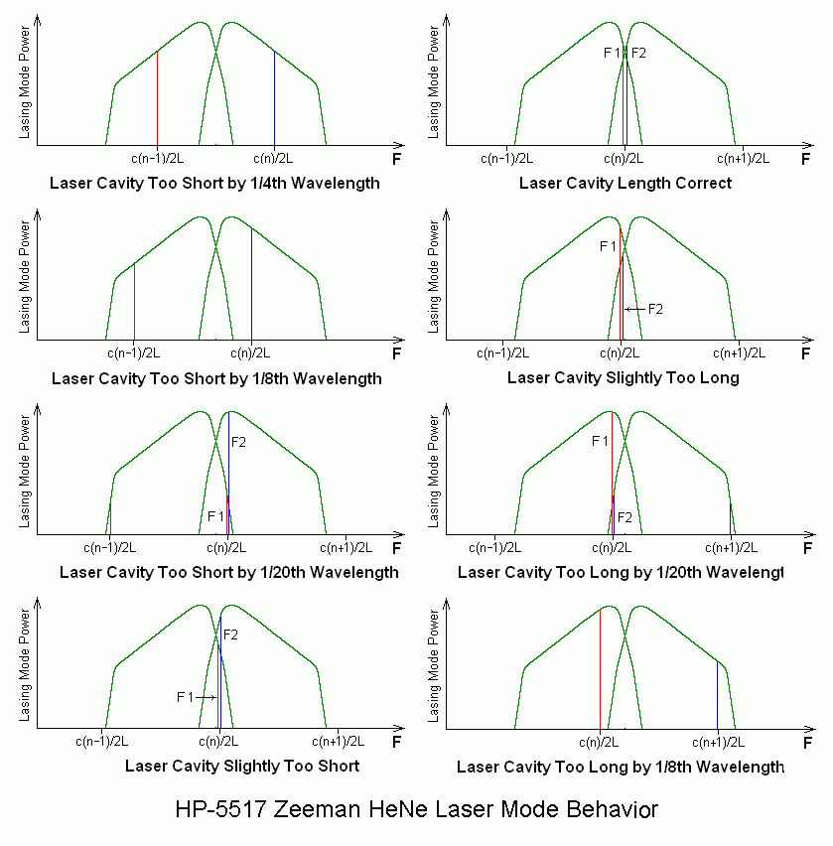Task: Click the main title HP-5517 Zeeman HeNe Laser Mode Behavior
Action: [416, 809]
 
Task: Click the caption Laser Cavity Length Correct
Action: [625, 183]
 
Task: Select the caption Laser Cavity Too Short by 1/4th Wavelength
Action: [214, 183]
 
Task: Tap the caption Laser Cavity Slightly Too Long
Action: [623, 377]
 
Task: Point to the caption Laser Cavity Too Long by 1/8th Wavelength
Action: [620, 767]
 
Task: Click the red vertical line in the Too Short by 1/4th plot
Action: [157, 99]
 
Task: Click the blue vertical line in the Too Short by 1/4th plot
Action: [274, 99]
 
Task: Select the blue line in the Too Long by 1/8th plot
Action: [717, 695]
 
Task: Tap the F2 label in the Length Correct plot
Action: [638, 53]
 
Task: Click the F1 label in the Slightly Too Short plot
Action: [185, 697]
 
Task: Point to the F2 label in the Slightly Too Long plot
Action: [655, 309]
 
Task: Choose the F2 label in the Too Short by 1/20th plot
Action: [238, 441]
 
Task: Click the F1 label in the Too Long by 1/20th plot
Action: [599, 441]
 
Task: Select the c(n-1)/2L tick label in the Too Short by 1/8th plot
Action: [133, 352]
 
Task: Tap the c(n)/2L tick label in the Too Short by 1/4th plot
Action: [274, 158]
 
